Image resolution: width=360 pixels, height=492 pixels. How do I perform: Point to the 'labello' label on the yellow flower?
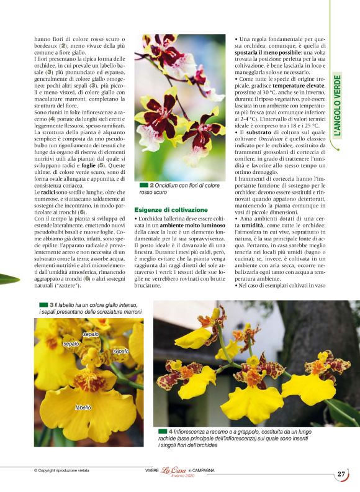point(83,408)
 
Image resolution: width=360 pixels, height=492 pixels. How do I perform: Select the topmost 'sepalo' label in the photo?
point(91,334)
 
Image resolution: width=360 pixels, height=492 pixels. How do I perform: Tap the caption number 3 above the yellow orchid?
point(52,304)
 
